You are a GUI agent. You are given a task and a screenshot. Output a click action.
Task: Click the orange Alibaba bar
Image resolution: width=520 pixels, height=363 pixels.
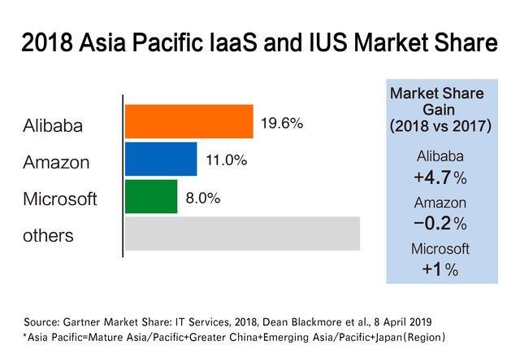click(x=188, y=121)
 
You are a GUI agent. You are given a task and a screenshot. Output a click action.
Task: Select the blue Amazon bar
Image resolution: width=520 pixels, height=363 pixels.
click(x=161, y=159)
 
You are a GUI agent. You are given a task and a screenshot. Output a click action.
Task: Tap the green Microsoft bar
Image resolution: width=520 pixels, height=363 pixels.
click(x=151, y=196)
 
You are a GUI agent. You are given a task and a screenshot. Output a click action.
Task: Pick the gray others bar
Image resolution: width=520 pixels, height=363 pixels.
click(x=242, y=234)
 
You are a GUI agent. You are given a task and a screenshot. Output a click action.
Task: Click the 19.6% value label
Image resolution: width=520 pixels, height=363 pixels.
click(x=281, y=124)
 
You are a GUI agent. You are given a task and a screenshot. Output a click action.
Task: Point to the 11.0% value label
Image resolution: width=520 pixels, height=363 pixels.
click(x=225, y=161)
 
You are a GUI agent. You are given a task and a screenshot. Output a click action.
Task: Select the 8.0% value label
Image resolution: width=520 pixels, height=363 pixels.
click(x=203, y=198)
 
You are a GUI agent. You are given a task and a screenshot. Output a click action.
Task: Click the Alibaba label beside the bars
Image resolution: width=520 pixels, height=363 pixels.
click(x=54, y=126)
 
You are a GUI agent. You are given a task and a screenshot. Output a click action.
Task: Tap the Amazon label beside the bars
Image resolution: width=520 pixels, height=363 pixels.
click(x=56, y=163)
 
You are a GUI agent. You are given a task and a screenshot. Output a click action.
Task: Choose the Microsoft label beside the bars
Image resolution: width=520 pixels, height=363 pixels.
click(x=60, y=199)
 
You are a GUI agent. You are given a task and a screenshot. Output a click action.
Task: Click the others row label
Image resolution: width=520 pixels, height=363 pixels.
click(x=48, y=236)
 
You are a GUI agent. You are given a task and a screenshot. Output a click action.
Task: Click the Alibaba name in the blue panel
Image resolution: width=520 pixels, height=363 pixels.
click(x=440, y=157)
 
